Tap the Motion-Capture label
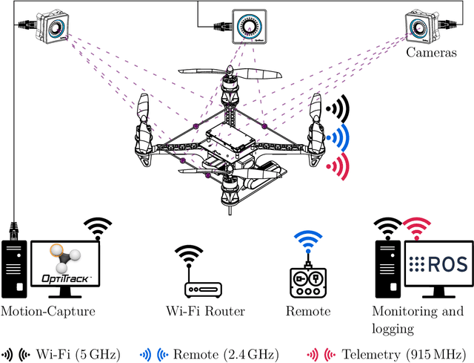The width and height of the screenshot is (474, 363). [48, 311]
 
